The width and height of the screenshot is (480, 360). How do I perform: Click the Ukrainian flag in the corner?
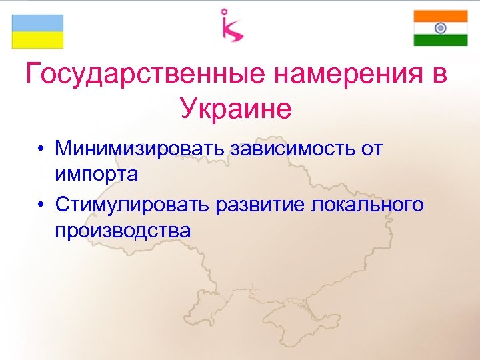[37, 31]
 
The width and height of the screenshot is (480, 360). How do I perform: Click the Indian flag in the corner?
[440, 28]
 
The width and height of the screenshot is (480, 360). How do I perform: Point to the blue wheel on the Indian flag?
[440, 28]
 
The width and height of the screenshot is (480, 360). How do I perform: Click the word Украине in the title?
[235, 109]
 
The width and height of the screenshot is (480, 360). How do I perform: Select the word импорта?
[97, 175]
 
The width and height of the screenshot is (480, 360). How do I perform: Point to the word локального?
[367, 203]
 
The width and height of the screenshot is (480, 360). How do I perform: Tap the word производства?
[123, 231]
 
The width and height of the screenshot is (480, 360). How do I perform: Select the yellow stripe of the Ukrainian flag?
[37, 40]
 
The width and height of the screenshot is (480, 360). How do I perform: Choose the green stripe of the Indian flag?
[440, 40]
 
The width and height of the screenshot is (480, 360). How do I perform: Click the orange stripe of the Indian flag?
[440, 16]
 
